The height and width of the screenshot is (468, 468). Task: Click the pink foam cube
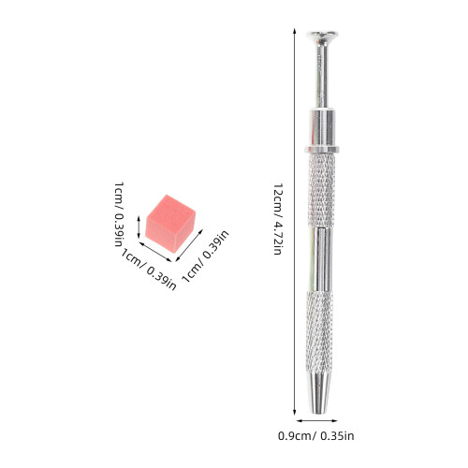[x=170, y=223]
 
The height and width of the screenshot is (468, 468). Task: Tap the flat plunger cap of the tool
[x=322, y=36]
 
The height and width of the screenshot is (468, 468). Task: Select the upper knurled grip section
[x=321, y=190]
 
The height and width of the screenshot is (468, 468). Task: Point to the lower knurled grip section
[x=319, y=331]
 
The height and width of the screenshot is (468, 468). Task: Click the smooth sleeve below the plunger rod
[x=322, y=127]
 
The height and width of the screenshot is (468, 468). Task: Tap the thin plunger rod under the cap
[x=322, y=76]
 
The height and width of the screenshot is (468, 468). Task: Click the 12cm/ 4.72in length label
[x=278, y=219]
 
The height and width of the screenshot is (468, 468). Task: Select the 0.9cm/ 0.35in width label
[x=316, y=436]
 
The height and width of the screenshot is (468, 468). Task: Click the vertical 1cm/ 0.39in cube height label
[x=119, y=214]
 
